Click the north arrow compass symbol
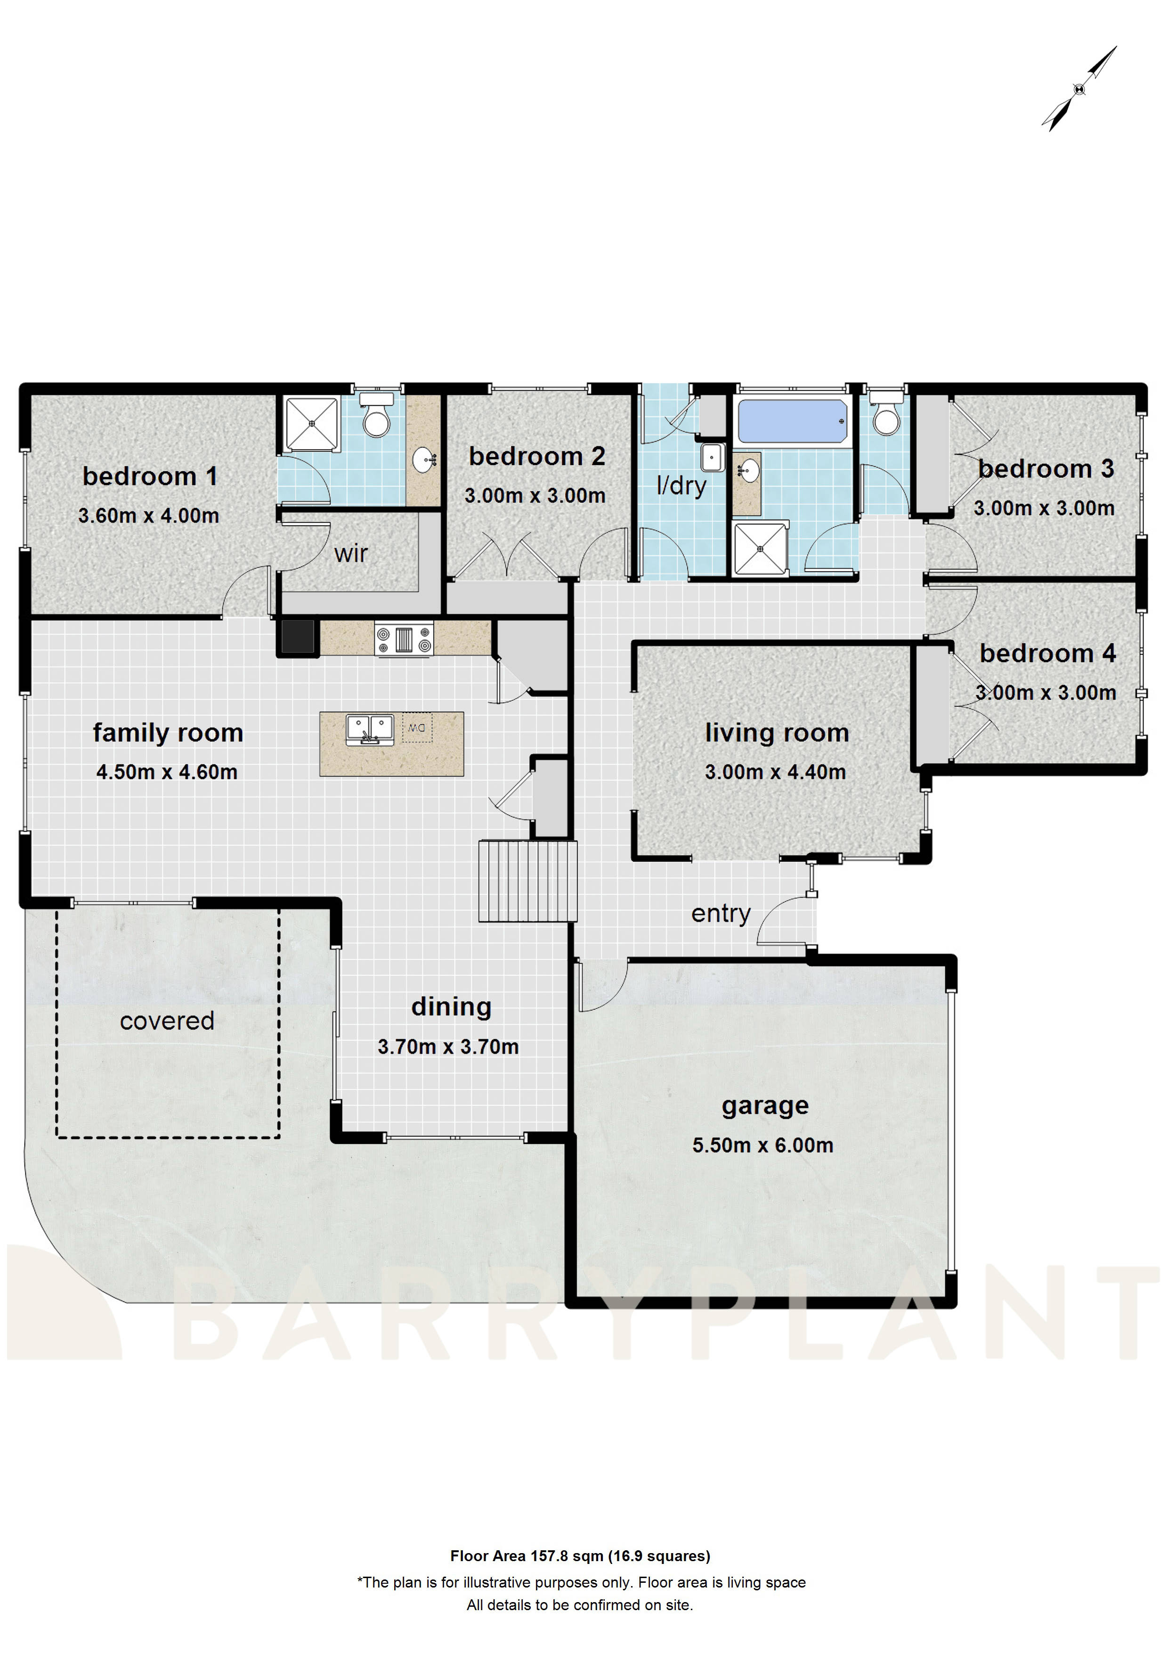pos(1079,89)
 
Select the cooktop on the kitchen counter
pos(404,638)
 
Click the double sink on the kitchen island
pos(370,729)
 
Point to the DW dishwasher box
pos(417,728)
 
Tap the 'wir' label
pos(350,554)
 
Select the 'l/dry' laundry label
pos(681,485)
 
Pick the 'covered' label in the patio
pos(167,1021)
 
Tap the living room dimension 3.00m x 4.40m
pos(775,772)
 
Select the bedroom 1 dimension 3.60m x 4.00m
pos(148,516)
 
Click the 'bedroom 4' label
pos(1047,653)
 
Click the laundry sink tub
pos(713,457)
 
